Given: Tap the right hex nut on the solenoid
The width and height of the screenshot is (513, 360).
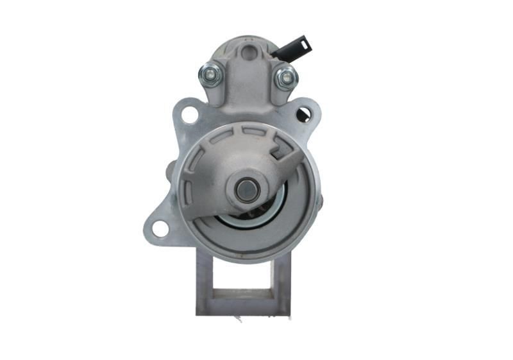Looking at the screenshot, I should coord(286,78).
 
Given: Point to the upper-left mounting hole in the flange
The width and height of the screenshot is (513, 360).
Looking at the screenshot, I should coord(189,116).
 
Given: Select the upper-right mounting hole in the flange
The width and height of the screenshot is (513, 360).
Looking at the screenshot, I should coord(303,115).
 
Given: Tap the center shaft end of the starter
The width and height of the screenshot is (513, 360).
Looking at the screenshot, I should coord(246,189).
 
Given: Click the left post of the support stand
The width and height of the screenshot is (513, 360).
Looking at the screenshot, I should coord(205,282).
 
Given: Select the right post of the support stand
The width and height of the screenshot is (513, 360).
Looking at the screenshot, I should coord(282,282).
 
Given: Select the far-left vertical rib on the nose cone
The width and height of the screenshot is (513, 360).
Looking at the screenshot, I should coord(185,190).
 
